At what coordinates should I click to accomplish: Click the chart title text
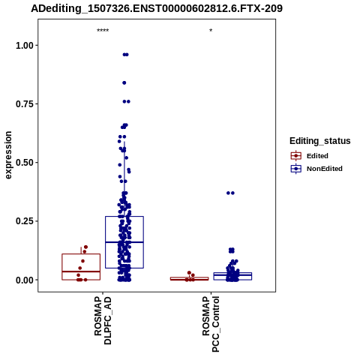[x=157, y=8]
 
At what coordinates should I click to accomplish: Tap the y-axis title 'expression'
[x=8, y=155]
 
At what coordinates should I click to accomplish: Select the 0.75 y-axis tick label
[x=25, y=104]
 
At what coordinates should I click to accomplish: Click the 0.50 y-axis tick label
[x=25, y=163]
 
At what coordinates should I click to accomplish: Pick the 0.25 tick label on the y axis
[x=25, y=221]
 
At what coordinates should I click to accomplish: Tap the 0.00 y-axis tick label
[x=25, y=280]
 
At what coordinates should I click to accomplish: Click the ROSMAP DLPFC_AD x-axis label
[x=103, y=321]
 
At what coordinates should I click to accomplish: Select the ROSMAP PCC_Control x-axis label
[x=211, y=324]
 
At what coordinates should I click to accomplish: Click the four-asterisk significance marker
[x=103, y=31]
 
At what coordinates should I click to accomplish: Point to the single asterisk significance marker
[x=211, y=31]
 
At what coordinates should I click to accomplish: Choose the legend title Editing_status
[x=320, y=141]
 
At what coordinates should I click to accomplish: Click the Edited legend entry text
[x=317, y=156]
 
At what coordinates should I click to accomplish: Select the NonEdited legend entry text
[x=325, y=169]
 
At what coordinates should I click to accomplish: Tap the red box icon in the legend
[x=296, y=156]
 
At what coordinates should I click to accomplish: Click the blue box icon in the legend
[x=296, y=169]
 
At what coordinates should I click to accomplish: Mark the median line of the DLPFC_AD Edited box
[x=81, y=271]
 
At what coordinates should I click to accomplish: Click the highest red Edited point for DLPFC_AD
[x=85, y=247]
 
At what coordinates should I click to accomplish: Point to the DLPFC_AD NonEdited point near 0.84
[x=124, y=82]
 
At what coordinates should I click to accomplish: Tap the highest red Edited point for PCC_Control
[x=189, y=273]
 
